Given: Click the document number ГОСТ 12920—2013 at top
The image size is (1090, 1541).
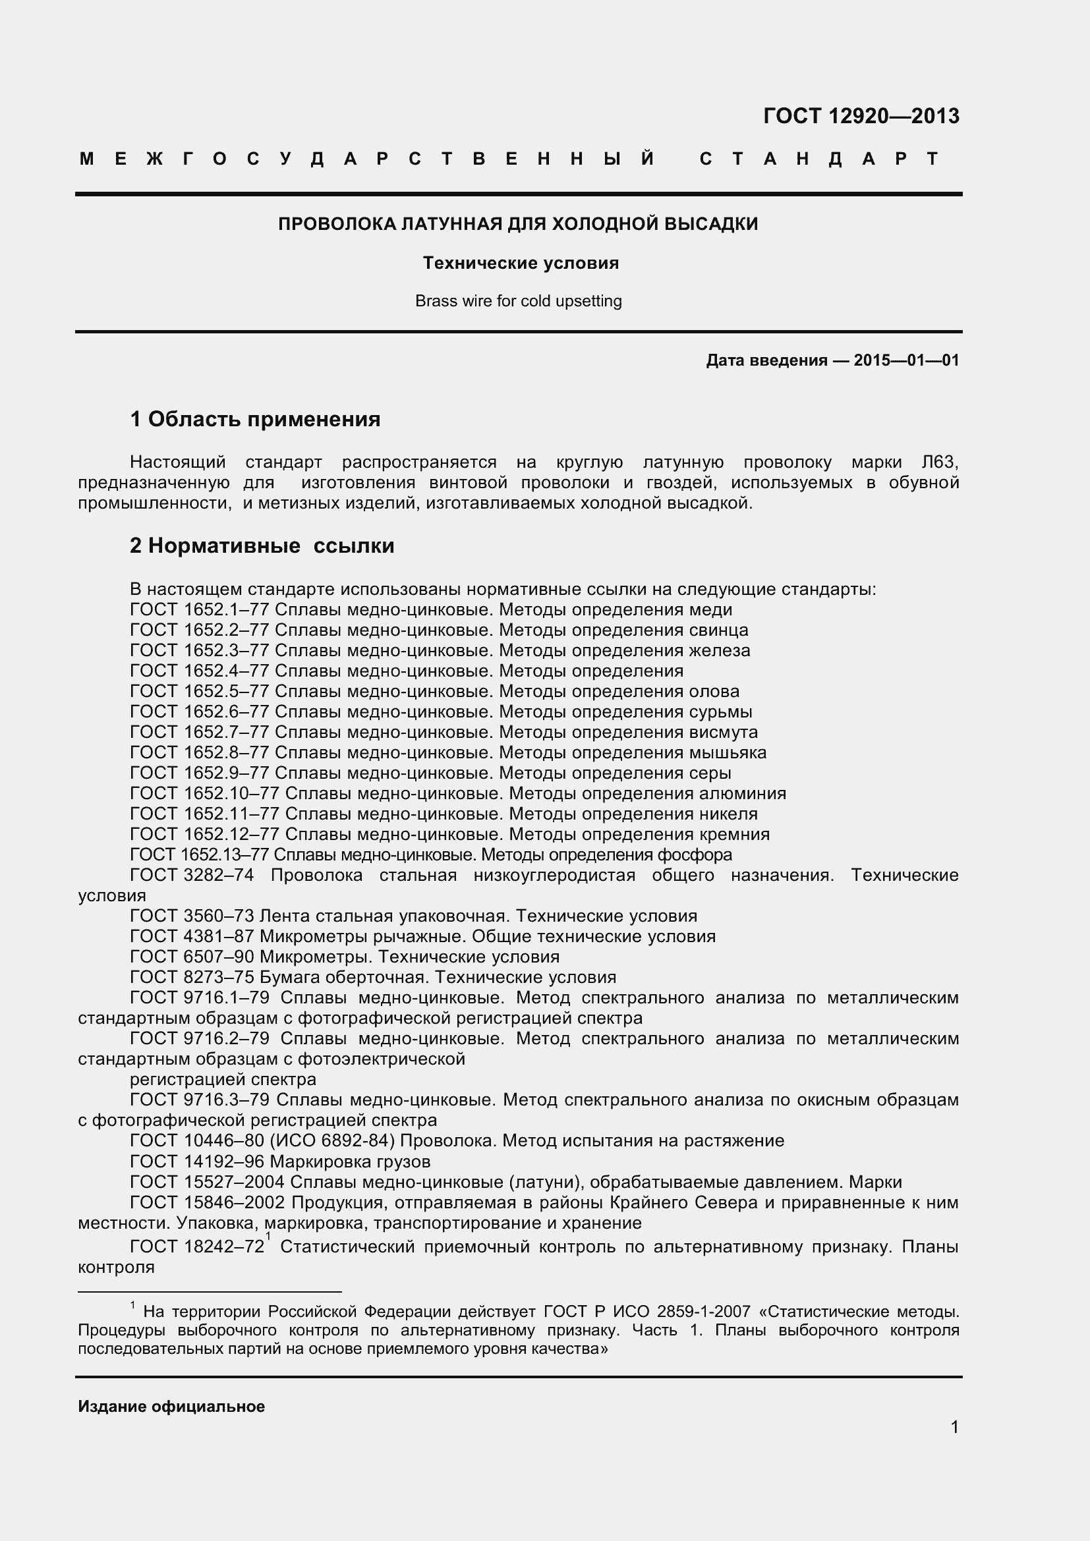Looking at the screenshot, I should coord(861,116).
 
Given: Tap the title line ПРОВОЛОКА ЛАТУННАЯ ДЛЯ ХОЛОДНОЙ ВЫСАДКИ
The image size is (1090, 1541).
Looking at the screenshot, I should coord(518,224).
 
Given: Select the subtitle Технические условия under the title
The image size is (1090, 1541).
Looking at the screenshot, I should coord(520,263).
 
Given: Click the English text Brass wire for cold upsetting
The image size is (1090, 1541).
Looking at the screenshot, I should coord(518,300).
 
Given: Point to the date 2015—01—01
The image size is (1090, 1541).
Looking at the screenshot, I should coord(906,360).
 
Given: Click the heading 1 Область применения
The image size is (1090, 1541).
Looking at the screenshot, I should coord(255,420).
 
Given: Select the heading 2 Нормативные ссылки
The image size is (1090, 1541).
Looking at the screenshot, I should coord(262,546).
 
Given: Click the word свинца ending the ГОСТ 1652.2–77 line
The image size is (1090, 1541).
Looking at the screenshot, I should coord(718,630).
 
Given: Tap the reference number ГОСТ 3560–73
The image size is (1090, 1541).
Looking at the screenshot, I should coord(192,916).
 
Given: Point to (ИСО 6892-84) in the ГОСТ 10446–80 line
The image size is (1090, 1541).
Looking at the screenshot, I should coord(331,1141).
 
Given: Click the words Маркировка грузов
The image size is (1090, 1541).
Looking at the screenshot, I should coord(351,1161).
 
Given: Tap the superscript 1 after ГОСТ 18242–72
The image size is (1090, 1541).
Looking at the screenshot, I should coord(268,1236).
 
